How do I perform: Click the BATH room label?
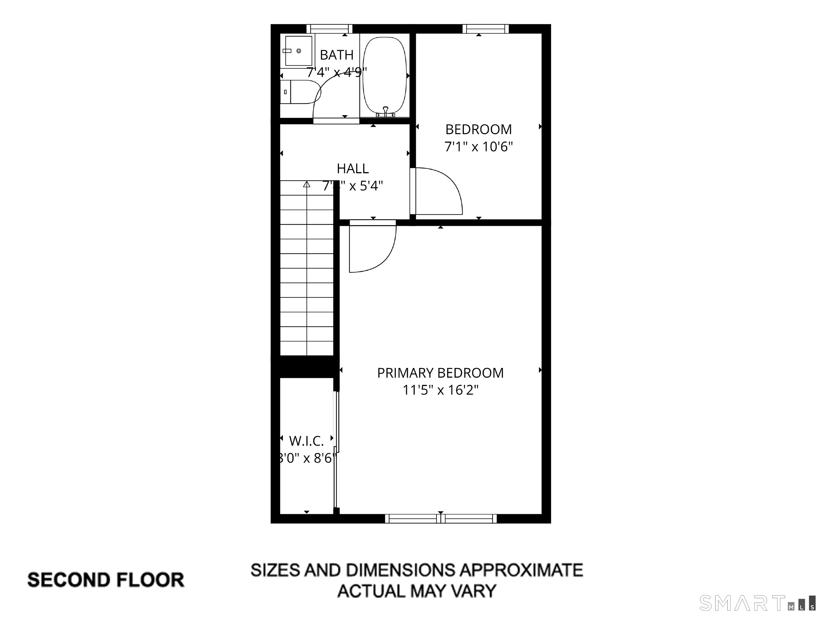pyautogui.click(x=336, y=55)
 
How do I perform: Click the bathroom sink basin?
pyautogui.click(x=298, y=51)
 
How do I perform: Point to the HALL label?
pyautogui.click(x=353, y=169)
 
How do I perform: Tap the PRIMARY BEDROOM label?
pyautogui.click(x=440, y=373)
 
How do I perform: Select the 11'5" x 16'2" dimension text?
pyautogui.click(x=440, y=390)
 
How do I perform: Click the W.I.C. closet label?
pyautogui.click(x=307, y=441)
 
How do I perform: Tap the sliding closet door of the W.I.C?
pyautogui.click(x=337, y=450)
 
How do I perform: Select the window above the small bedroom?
pyautogui.click(x=485, y=29)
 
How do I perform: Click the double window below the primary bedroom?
pyautogui.click(x=441, y=519)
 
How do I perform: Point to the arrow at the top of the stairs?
pyautogui.click(x=307, y=184)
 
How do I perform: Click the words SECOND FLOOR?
pyautogui.click(x=106, y=580)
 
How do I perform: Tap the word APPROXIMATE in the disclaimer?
pyautogui.click(x=520, y=570)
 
